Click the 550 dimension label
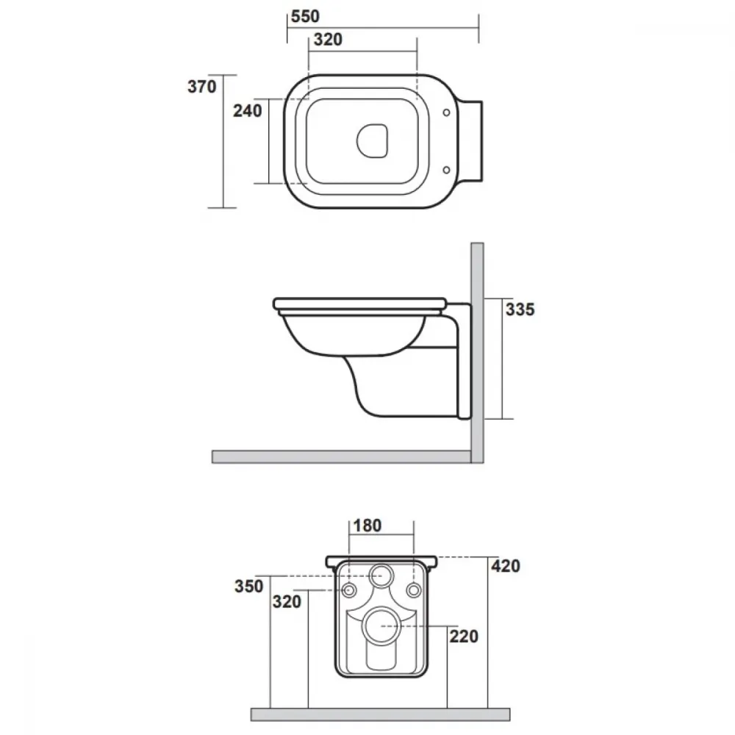tap(305, 16)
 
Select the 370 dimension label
tap(202, 87)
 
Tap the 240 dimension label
tap(248, 111)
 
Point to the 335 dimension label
tap(520, 309)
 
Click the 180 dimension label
tap(367, 526)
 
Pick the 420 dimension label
tap(506, 566)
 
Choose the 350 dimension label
tap(249, 587)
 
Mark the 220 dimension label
tap(464, 637)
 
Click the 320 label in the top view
tap(328, 40)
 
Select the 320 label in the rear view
tap(287, 602)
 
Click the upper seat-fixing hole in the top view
tap(446, 112)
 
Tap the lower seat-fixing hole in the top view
tap(446, 170)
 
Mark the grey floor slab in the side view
tap(341, 456)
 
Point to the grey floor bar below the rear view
tap(380, 714)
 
